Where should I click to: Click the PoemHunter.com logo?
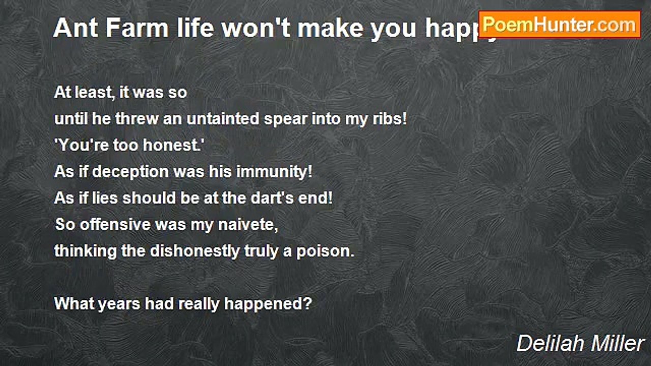559,25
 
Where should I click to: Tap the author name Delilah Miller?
580,344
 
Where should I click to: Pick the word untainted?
223,118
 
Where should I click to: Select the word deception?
130,172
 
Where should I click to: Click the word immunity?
274,172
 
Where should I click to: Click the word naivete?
248,225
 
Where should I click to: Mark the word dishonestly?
194,251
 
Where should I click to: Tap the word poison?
325,251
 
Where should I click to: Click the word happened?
268,304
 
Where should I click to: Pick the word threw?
136,118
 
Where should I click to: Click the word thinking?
85,251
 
